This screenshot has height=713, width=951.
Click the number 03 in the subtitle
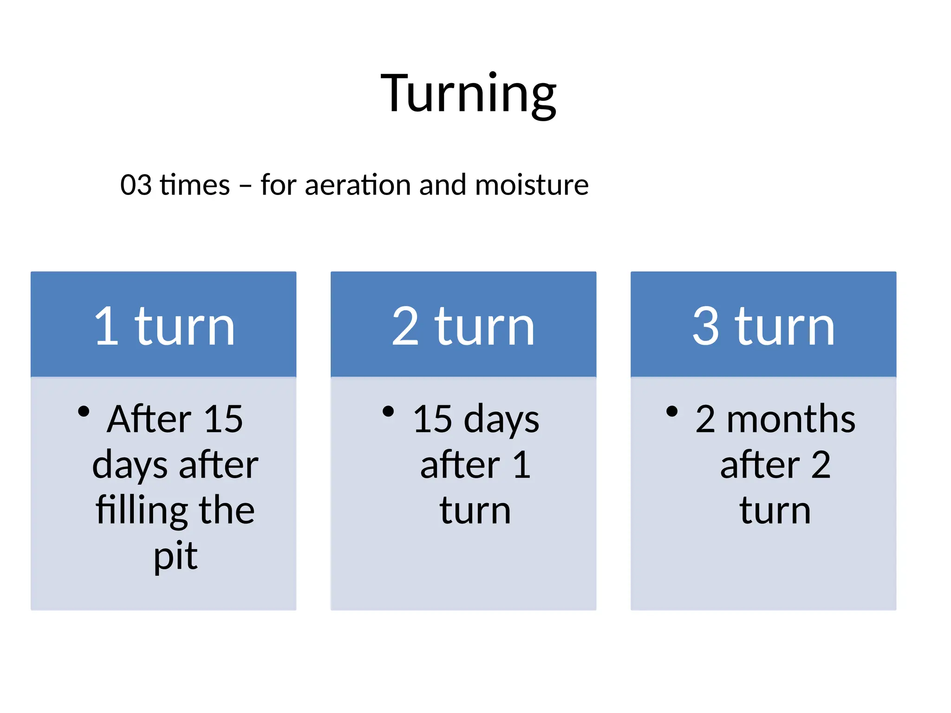tap(136, 185)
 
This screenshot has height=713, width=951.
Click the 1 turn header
tap(164, 327)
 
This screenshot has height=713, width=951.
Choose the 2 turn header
tap(463, 327)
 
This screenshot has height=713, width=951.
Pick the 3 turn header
tap(763, 327)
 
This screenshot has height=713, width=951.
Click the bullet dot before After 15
tap(84, 412)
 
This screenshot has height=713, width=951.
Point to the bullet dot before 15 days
tap(388, 412)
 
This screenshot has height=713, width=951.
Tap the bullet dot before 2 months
tap(671, 412)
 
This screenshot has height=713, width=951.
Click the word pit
tap(176, 556)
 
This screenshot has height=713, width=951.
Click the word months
tap(791, 419)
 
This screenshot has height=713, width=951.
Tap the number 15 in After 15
tap(223, 419)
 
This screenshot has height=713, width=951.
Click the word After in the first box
tap(149, 419)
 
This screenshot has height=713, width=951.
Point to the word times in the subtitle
tap(195, 185)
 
